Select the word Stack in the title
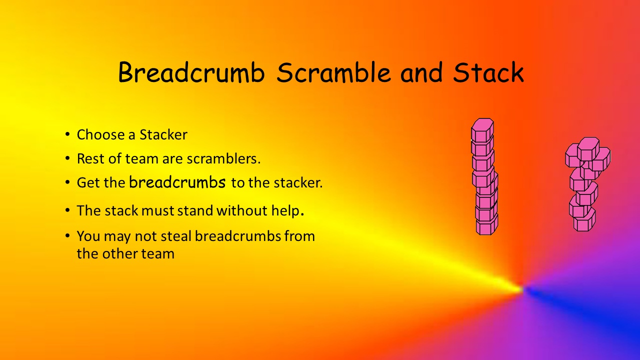pyautogui.click(x=488, y=72)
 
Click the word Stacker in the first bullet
pyautogui.click(x=163, y=134)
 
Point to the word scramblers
pyautogui.click(x=223, y=158)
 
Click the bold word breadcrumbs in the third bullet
pyautogui.click(x=177, y=182)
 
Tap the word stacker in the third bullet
pyautogui.click(x=298, y=182)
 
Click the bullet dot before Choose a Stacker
pyautogui.click(x=67, y=134)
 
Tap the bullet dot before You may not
pyautogui.click(x=67, y=235)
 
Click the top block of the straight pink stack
pyautogui.click(x=482, y=130)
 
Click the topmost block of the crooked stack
pyautogui.click(x=588, y=149)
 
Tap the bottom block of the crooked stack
pyautogui.click(x=584, y=221)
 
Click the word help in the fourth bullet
pyautogui.click(x=287, y=211)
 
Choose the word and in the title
pyautogui.click(x=421, y=72)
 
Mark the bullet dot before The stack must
pyautogui.click(x=67, y=210)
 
